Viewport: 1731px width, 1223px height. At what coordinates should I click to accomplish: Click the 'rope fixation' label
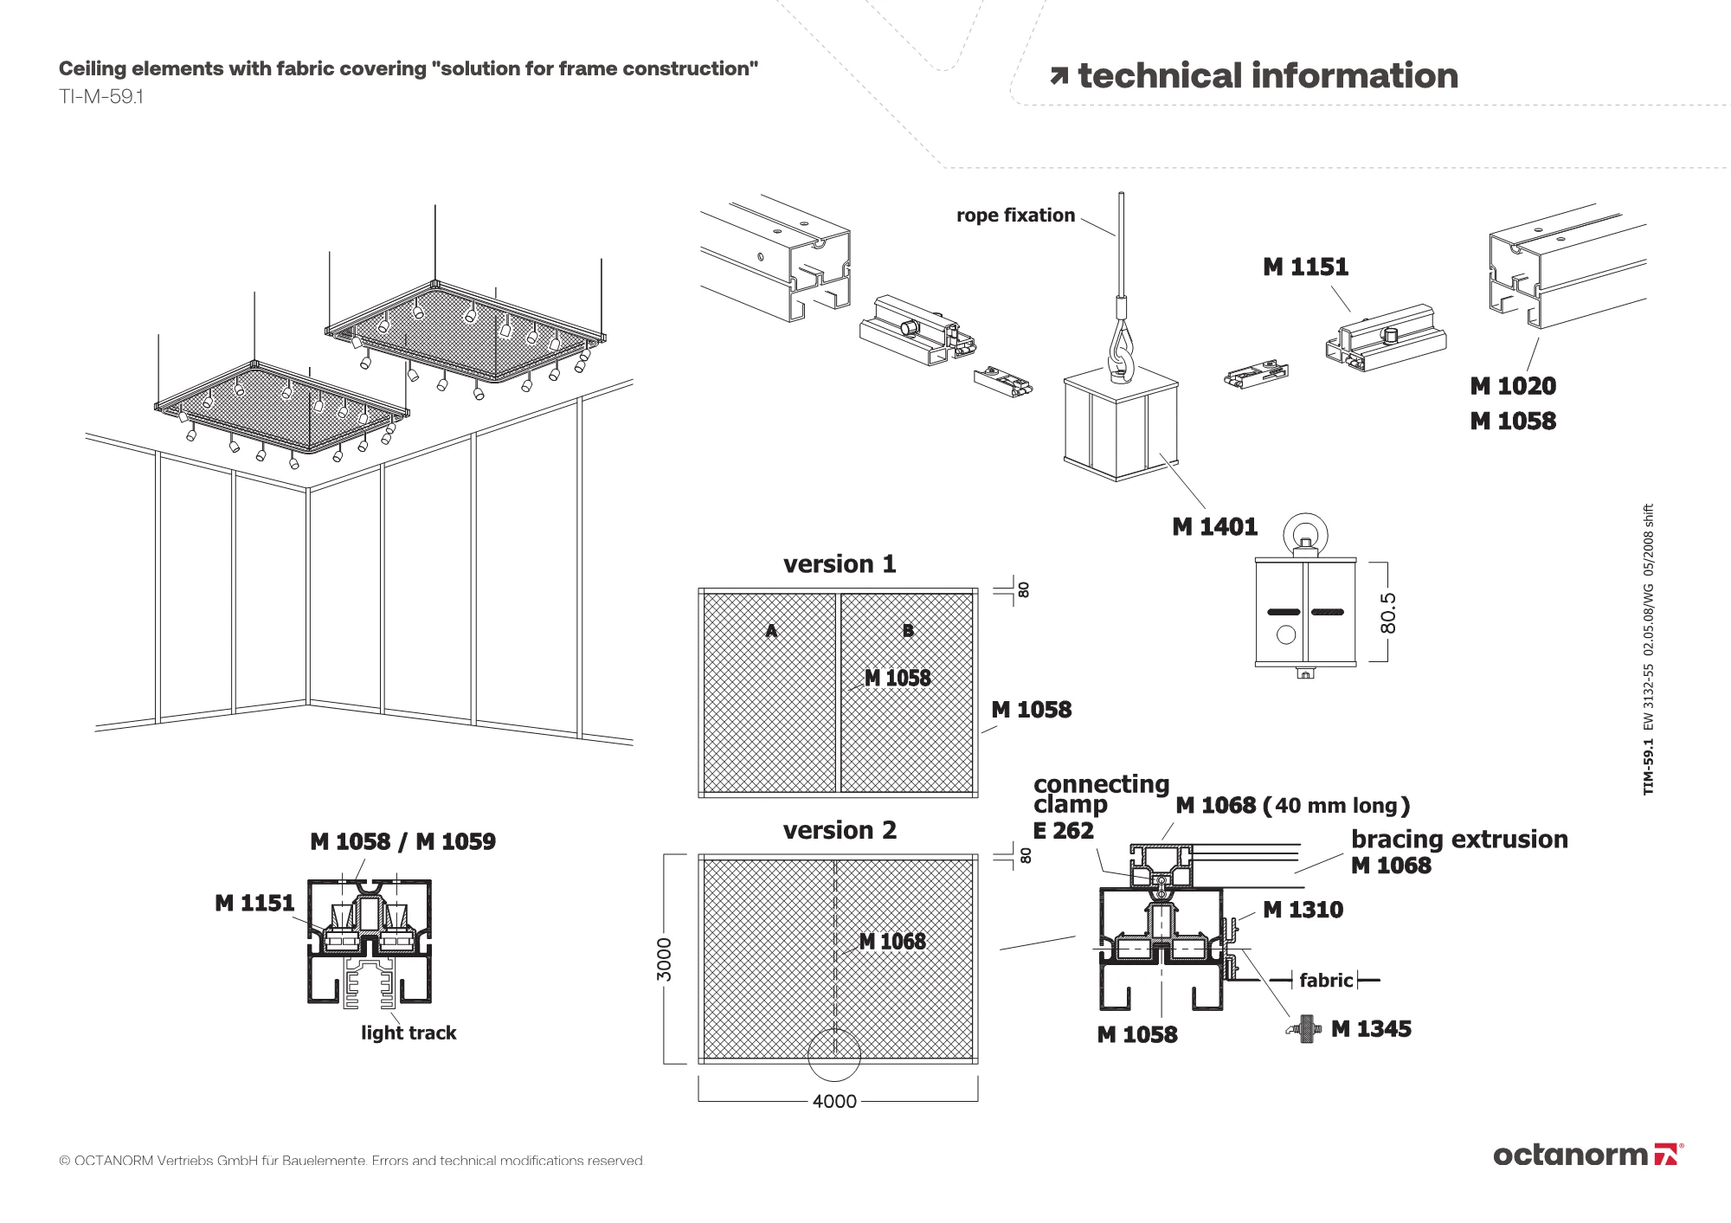[x=1015, y=216]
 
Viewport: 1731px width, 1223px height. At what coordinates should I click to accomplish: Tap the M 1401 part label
[x=1214, y=527]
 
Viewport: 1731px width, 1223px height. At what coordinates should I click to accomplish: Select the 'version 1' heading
[x=840, y=564]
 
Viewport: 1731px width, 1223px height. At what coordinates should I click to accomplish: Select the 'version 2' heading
[x=840, y=831]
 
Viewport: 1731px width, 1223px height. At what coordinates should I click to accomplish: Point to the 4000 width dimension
[x=834, y=1102]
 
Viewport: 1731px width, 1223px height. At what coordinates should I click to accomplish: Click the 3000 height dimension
[x=664, y=959]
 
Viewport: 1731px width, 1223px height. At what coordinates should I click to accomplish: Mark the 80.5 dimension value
[x=1387, y=613]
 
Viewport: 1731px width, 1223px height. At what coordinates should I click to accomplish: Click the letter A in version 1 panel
[x=771, y=631]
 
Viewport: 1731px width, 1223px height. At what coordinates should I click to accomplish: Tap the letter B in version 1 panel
[x=908, y=631]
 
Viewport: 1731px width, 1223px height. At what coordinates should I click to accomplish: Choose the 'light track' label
[x=409, y=1033]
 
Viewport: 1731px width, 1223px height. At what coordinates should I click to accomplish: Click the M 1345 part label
[x=1371, y=1029]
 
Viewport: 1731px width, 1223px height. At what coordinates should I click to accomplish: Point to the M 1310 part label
[x=1303, y=910]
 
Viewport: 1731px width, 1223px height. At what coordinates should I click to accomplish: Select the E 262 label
[x=1063, y=831]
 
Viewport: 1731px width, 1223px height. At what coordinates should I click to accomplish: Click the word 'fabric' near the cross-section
[x=1325, y=981]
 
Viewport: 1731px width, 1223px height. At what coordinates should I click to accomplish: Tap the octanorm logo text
[x=1571, y=1155]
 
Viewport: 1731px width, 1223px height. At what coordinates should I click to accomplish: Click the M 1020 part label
[x=1513, y=386]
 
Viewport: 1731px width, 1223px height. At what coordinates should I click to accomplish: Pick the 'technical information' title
[x=1267, y=76]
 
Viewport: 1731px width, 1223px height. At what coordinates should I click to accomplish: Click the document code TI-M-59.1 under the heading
[x=101, y=97]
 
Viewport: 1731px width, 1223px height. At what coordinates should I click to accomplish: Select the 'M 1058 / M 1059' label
[x=402, y=841]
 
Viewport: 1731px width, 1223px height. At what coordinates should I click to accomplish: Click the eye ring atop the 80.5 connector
[x=1305, y=531]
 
